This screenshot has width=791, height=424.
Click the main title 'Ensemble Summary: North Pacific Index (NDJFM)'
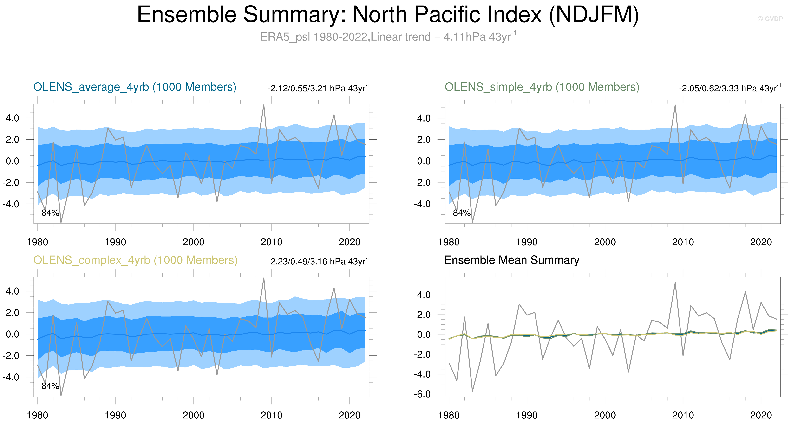[387, 15]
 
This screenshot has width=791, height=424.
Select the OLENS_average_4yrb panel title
[135, 87]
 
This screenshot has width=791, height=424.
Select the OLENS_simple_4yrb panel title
[542, 87]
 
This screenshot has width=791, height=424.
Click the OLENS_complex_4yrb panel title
[135, 260]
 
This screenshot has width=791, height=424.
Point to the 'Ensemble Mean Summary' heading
[512, 260]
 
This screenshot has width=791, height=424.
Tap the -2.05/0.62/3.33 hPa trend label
[730, 88]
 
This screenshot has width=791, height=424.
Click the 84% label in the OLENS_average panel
[50, 213]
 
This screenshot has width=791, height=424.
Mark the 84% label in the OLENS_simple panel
[462, 213]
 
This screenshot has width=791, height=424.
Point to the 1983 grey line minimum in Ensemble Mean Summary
[472, 391]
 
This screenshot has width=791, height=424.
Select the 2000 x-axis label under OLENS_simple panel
[605, 242]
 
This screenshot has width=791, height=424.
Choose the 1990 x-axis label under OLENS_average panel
[115, 242]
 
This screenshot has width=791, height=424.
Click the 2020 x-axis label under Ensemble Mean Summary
[761, 415]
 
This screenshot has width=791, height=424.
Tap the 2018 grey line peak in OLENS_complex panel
[334, 288]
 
